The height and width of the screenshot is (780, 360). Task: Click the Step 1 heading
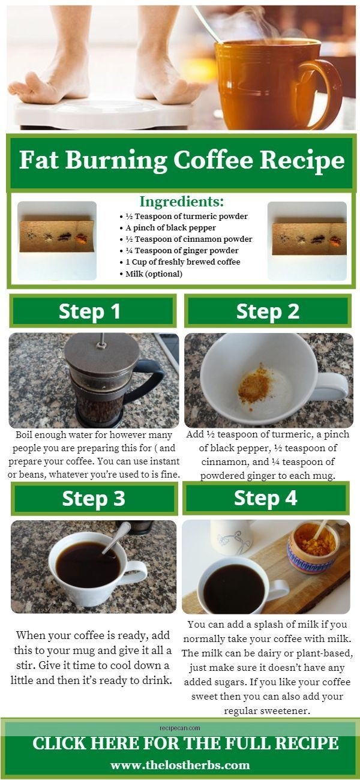click(89, 311)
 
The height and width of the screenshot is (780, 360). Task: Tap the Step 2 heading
click(268, 311)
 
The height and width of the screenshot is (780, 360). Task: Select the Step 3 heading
click(93, 499)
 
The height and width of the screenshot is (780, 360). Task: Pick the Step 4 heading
click(265, 498)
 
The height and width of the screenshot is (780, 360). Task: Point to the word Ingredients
click(181, 202)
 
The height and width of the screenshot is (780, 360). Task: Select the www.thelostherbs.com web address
click(180, 765)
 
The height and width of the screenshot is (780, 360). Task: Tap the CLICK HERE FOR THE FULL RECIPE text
click(185, 743)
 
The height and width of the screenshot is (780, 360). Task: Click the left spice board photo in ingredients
click(57, 240)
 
